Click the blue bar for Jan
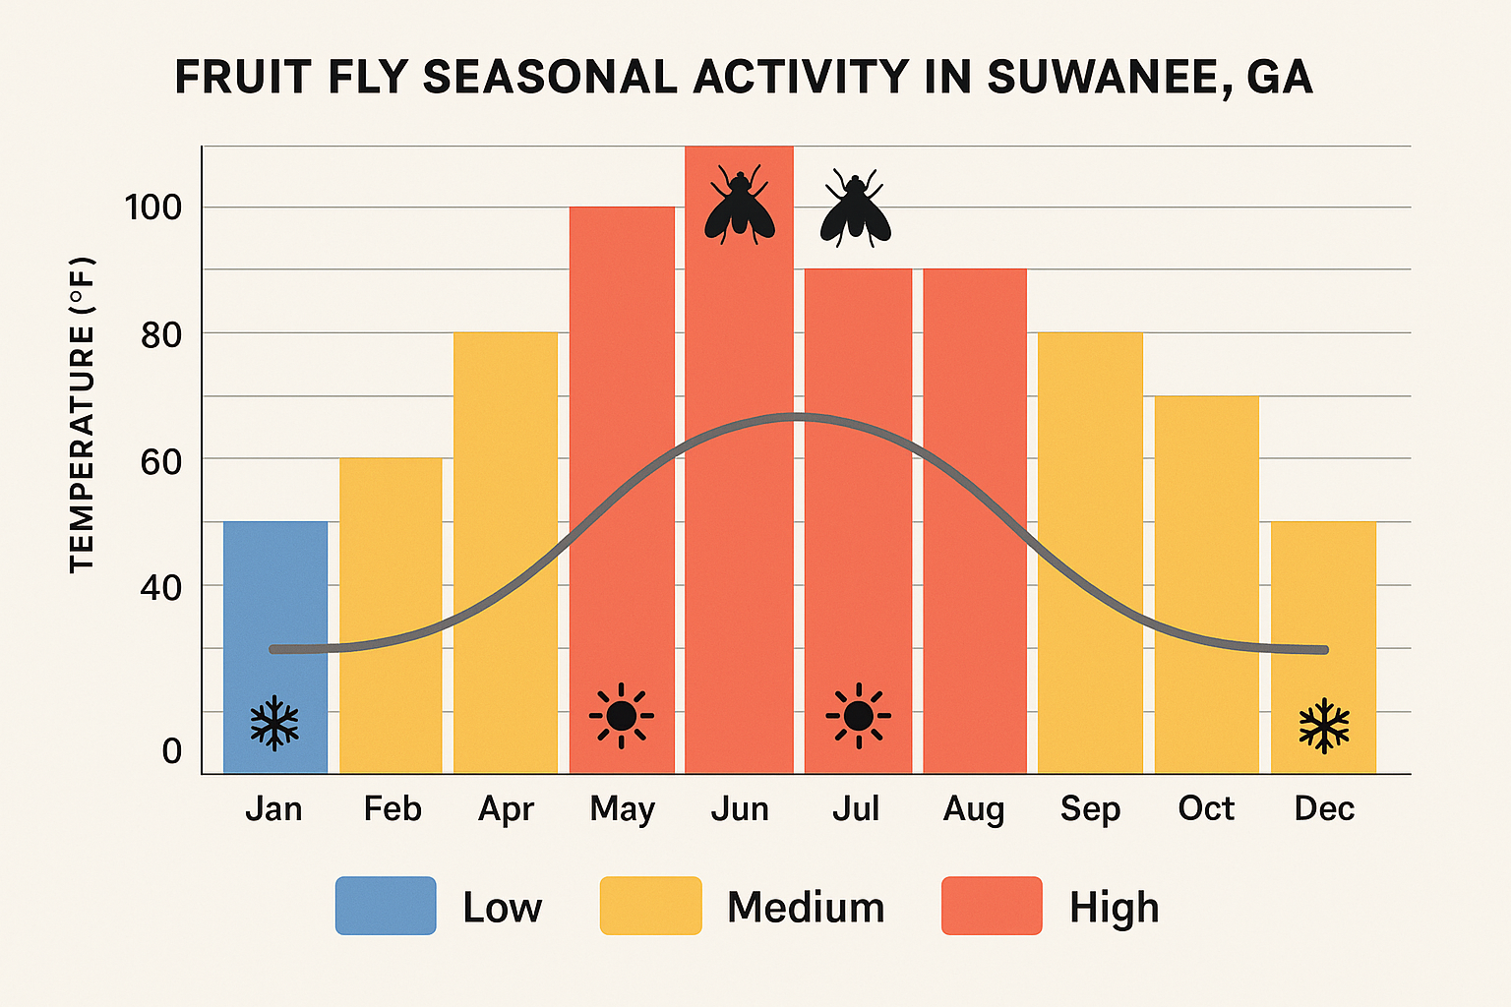coord(274,610)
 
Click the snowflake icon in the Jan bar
coord(274,724)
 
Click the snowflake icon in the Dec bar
coord(1324,726)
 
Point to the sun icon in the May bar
coord(622,716)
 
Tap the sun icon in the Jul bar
coord(858,716)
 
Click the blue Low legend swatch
coord(386,906)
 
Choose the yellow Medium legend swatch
coord(650,906)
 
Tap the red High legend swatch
coord(992,906)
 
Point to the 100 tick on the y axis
coord(153,207)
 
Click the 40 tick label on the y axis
coord(160,588)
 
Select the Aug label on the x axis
coord(974,809)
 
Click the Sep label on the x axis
coord(1090,809)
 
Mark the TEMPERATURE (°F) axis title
coord(82,414)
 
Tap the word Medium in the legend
coord(806,908)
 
